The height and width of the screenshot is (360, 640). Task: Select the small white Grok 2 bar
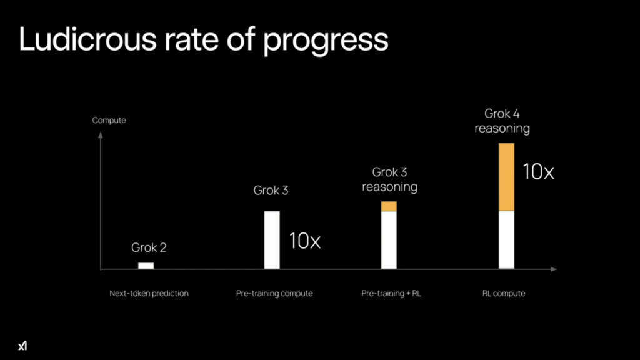pyautogui.click(x=146, y=266)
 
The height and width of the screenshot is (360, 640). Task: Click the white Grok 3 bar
pyautogui.click(x=272, y=240)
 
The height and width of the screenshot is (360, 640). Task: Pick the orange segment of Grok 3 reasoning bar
pyautogui.click(x=389, y=206)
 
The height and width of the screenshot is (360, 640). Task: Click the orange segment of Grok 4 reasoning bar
pyautogui.click(x=506, y=177)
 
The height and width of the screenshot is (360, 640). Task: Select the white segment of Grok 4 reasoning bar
pyautogui.click(x=506, y=240)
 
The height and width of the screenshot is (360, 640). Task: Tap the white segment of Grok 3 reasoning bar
pyautogui.click(x=389, y=241)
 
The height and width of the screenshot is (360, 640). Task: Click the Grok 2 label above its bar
pyautogui.click(x=149, y=247)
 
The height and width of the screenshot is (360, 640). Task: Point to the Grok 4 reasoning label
pyautogui.click(x=502, y=121)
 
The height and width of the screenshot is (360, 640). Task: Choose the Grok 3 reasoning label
pyautogui.click(x=389, y=179)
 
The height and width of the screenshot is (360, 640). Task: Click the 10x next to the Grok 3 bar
pyautogui.click(x=304, y=241)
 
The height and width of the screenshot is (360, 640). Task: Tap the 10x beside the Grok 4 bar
pyautogui.click(x=538, y=171)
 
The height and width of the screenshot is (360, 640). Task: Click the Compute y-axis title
pyautogui.click(x=109, y=120)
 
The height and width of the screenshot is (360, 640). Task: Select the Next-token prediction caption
pyautogui.click(x=149, y=293)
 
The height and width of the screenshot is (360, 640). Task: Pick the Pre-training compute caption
pyautogui.click(x=274, y=293)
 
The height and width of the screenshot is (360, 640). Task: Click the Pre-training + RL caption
pyautogui.click(x=391, y=293)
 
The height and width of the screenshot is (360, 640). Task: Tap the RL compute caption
pyautogui.click(x=504, y=293)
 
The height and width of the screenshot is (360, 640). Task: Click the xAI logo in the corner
pyautogui.click(x=23, y=345)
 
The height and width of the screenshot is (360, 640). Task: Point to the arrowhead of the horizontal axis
pyautogui.click(x=554, y=269)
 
